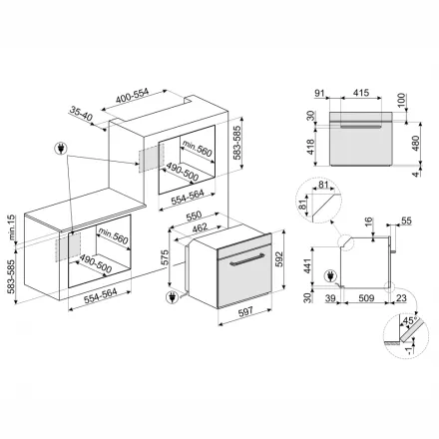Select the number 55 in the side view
[x=407, y=220]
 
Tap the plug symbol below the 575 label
[x=177, y=295]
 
